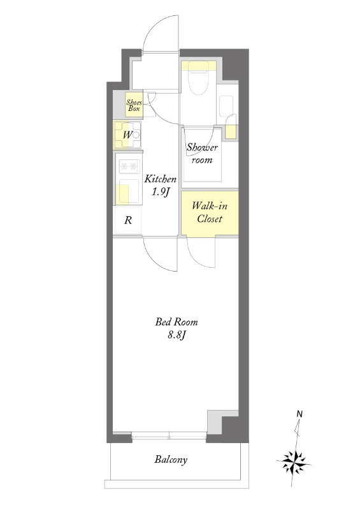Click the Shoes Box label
134,105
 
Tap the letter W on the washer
127,135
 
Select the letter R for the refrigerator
129,220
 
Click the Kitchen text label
161,178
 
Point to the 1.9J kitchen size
161,192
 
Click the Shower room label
202,153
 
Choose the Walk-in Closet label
210,212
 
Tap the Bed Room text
176,322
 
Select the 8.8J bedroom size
176,335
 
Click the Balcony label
171,460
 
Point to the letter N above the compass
299,414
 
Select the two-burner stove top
129,167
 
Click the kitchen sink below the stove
129,193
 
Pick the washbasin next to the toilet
226,106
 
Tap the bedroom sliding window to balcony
169,435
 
